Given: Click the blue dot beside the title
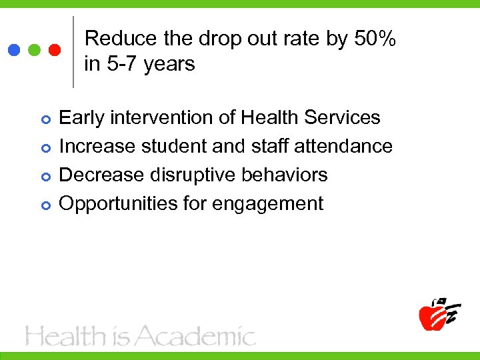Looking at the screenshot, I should click(14, 50).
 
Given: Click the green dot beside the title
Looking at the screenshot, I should click(35, 50).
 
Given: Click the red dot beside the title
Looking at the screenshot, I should click(55, 50).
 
